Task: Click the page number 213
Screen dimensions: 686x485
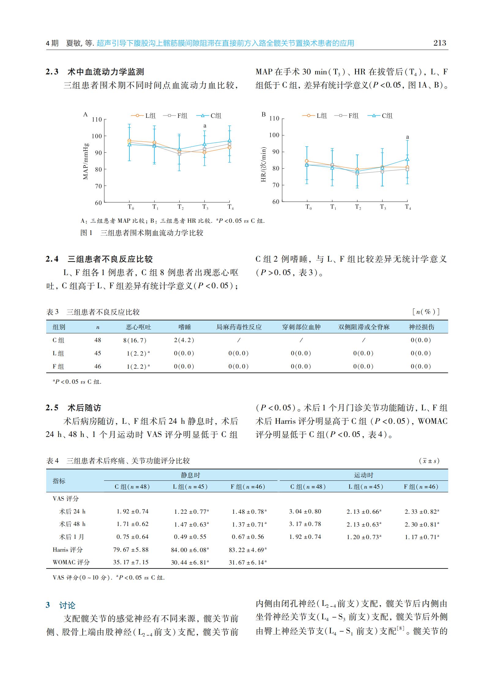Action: pyautogui.click(x=440, y=43)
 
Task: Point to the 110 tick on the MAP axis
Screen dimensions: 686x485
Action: pyautogui.click(x=97, y=119)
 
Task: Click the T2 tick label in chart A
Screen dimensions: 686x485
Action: pyautogui.click(x=181, y=207)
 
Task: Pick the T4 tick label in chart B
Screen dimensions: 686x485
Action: pyautogui.click(x=408, y=207)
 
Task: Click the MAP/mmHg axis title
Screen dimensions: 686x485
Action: pyautogui.click(x=86, y=161)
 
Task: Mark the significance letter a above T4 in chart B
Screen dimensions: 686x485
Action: pyautogui.click(x=407, y=137)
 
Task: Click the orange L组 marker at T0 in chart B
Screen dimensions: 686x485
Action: pyautogui.click(x=307, y=161)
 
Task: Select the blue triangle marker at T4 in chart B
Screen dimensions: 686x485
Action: pyautogui.click(x=407, y=159)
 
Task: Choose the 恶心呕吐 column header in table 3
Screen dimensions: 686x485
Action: pyautogui.click(x=138, y=327)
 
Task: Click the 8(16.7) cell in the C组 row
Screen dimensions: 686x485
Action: pyautogui.click(x=135, y=340)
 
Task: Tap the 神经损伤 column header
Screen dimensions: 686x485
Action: pyautogui.click(x=421, y=327)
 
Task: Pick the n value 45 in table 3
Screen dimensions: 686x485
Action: pyautogui.click(x=98, y=353)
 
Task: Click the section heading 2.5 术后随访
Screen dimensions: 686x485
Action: pyautogui.click(x=73, y=408)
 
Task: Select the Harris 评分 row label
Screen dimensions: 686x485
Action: pyautogui.click(x=68, y=550)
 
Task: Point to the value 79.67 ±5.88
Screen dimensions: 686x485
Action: pyautogui.click(x=131, y=550)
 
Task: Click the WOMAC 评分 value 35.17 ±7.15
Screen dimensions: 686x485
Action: pyautogui.click(x=131, y=562)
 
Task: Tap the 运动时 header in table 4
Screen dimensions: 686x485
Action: pyautogui.click(x=364, y=475)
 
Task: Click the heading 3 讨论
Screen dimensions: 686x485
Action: pyautogui.click(x=60, y=606)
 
